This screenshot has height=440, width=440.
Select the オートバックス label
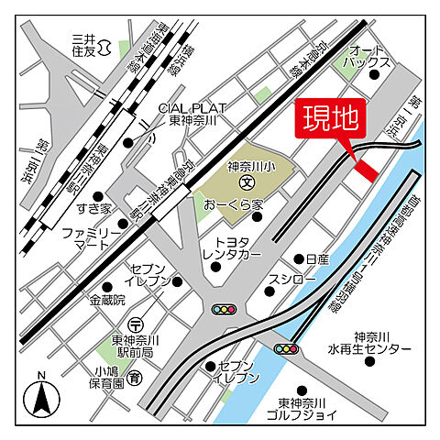[368, 56]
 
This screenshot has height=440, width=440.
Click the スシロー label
[292, 278]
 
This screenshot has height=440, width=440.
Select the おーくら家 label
[235, 203]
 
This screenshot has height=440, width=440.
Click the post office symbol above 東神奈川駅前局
[136, 324]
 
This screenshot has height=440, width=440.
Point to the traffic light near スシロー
[224, 310]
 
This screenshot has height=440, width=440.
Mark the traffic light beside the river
[287, 348]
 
